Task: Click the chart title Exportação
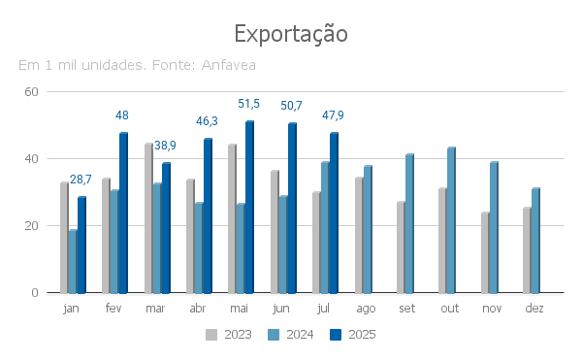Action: (291, 34)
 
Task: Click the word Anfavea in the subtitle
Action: (229, 65)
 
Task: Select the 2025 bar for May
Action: (250, 207)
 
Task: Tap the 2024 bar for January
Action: (73, 262)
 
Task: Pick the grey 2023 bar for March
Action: (148, 218)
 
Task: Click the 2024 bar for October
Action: (451, 220)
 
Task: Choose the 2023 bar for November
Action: (485, 253)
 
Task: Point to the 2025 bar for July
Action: (334, 213)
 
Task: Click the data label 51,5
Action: (248, 104)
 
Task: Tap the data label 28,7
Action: (81, 180)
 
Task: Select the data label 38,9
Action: (165, 146)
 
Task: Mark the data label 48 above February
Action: (122, 115)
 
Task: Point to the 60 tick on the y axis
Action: (32, 91)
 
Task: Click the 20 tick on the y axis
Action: (32, 226)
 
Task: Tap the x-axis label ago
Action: (366, 309)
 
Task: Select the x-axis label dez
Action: (534, 308)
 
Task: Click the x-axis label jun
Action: (280, 309)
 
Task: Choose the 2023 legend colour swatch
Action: (211, 335)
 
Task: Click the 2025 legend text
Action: (362, 335)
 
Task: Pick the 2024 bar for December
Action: (535, 241)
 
